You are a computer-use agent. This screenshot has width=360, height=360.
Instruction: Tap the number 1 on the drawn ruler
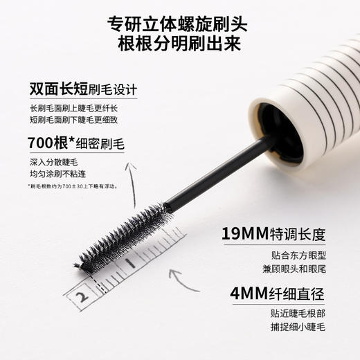click(130, 264)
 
